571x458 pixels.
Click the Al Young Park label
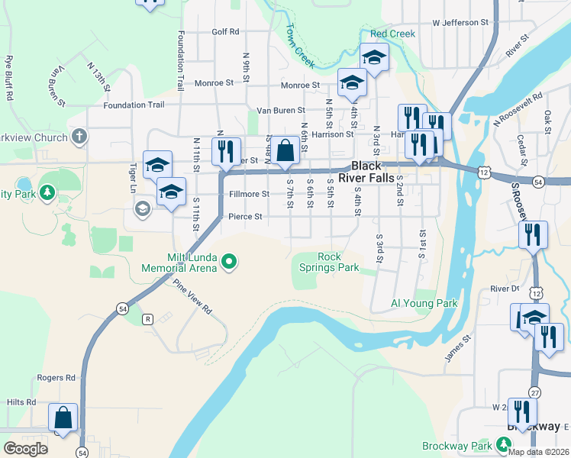click(x=424, y=303)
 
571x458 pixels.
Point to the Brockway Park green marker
click(x=503, y=444)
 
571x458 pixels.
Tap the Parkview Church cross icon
click(x=78, y=137)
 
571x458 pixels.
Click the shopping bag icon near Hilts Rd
click(x=63, y=418)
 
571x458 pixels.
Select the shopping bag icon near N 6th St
click(x=285, y=150)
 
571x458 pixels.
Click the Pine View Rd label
click(x=192, y=297)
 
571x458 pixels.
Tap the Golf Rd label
click(x=225, y=32)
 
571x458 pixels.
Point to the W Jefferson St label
click(x=460, y=23)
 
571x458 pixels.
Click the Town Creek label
click(x=299, y=45)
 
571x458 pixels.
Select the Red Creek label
click(x=392, y=34)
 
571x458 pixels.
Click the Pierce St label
click(x=245, y=217)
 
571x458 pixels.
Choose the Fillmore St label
click(x=249, y=194)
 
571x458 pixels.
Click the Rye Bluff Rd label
click(x=9, y=78)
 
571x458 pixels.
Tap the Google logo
click(x=25, y=449)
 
